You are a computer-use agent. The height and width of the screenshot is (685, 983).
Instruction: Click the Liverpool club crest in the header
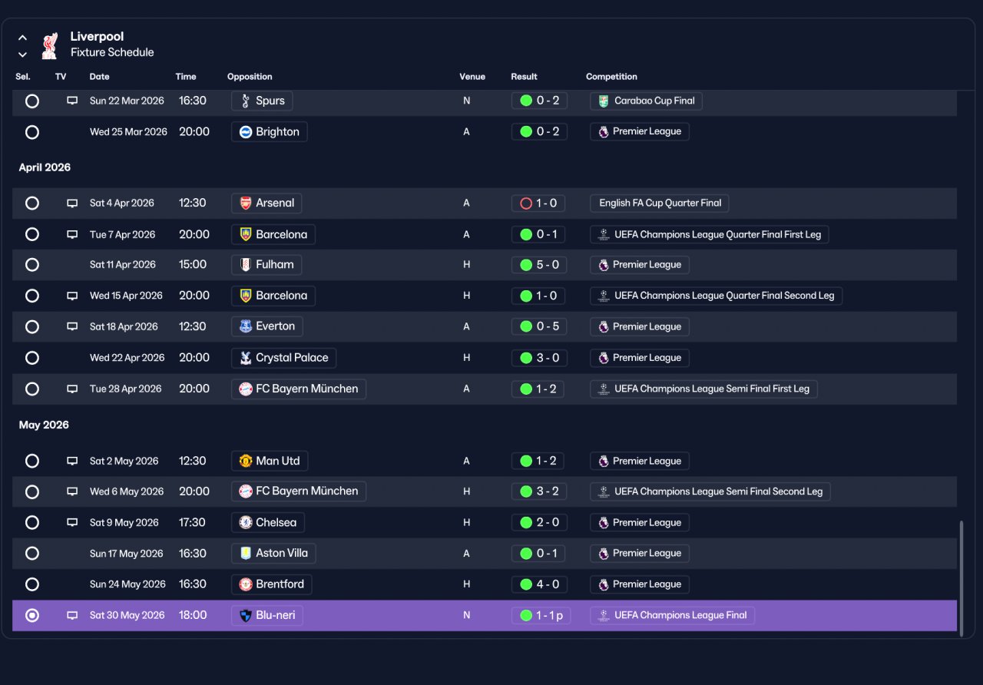(x=50, y=45)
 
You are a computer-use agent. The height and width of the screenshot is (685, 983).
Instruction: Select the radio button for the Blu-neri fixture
(x=32, y=615)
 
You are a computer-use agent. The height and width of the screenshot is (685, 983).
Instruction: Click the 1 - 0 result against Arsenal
(x=538, y=204)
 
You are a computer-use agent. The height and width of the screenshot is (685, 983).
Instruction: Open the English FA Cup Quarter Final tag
(x=660, y=204)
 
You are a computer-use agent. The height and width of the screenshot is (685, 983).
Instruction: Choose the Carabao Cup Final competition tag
(x=646, y=101)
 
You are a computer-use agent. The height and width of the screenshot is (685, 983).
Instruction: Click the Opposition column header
(x=250, y=76)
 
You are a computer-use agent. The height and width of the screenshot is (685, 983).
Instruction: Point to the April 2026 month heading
(x=45, y=167)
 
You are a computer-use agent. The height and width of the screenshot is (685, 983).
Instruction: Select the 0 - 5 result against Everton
(x=539, y=326)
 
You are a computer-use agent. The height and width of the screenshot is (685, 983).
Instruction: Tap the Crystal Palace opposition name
(x=292, y=358)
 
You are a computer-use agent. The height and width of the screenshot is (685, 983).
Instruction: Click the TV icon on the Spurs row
(x=72, y=101)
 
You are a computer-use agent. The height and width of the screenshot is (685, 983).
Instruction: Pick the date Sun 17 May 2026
(x=127, y=554)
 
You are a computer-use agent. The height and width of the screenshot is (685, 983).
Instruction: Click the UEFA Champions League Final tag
(x=672, y=615)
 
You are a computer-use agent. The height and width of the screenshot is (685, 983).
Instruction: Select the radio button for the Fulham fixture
(x=32, y=265)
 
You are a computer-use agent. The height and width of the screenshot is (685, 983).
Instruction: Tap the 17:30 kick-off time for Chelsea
(x=192, y=522)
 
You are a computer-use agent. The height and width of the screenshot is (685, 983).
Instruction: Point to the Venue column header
(x=472, y=76)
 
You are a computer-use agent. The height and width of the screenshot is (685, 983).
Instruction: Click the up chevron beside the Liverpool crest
(x=22, y=38)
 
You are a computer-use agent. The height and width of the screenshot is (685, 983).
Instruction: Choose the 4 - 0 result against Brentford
(x=539, y=584)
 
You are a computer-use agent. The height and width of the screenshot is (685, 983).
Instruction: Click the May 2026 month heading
(x=44, y=425)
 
